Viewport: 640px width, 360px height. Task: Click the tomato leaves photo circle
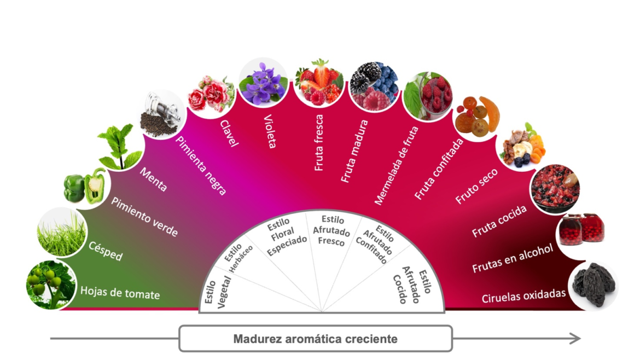point(50,284)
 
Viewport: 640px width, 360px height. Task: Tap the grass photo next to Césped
point(62,234)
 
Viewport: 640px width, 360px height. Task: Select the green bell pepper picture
point(85,186)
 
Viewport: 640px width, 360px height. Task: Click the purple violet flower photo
point(263,82)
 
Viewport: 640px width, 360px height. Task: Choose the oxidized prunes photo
point(594,284)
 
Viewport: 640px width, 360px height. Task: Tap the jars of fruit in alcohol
point(580,229)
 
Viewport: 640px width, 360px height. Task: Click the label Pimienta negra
point(201,166)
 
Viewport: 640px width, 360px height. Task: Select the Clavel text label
point(229,134)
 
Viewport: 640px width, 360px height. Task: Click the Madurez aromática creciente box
point(315,339)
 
